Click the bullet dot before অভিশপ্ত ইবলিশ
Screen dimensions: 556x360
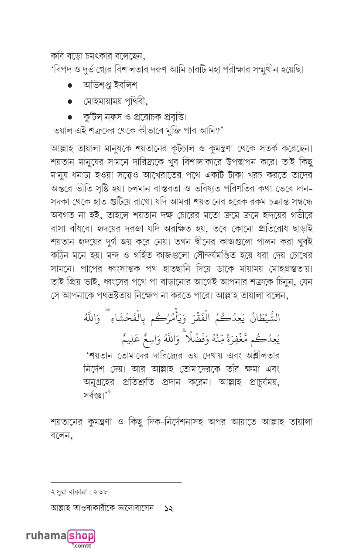click(70, 86)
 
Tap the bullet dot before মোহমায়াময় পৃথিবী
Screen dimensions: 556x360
click(70, 102)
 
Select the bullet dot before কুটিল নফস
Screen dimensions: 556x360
click(70, 117)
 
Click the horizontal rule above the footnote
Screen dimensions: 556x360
click(116, 482)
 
